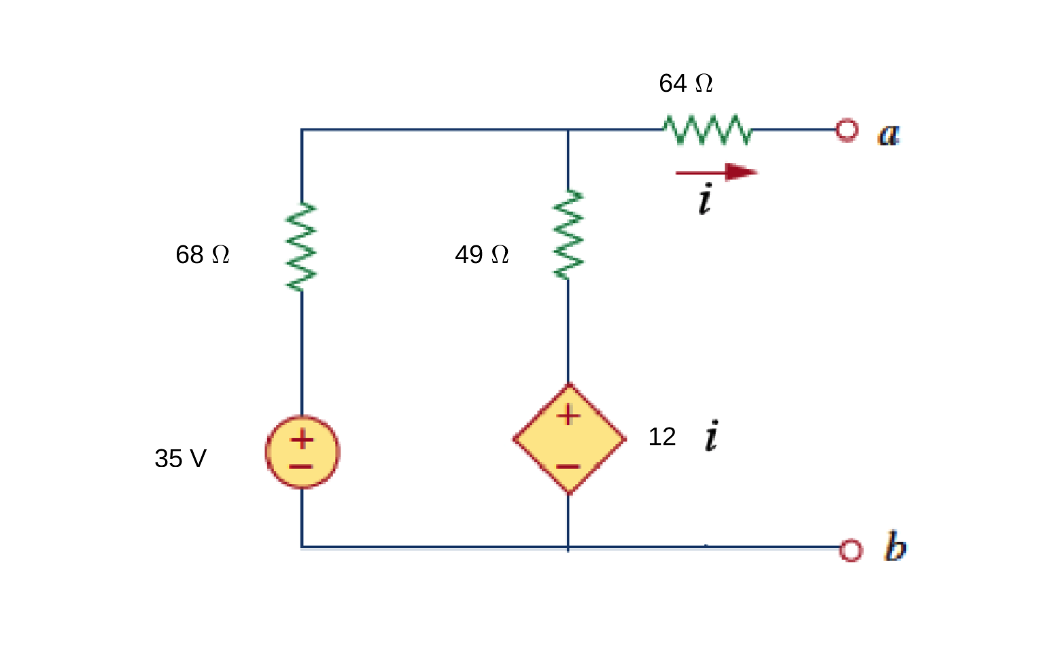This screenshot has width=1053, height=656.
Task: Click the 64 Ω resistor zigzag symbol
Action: click(708, 130)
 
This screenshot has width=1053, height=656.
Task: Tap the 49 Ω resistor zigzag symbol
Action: click(568, 235)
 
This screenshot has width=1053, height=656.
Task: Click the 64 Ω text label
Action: click(685, 84)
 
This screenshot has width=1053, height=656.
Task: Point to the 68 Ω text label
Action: click(202, 255)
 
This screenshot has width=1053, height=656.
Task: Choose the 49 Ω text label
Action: click(481, 255)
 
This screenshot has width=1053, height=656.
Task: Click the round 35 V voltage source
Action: click(303, 452)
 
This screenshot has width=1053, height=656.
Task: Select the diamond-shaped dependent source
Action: click(569, 439)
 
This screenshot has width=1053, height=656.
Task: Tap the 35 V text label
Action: click(180, 459)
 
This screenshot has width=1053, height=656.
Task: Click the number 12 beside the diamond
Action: click(661, 437)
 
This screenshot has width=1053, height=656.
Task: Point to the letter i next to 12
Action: click(711, 436)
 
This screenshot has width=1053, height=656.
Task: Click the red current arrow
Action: click(717, 172)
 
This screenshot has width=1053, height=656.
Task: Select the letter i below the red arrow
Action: click(706, 199)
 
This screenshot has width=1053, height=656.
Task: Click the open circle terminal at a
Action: click(846, 130)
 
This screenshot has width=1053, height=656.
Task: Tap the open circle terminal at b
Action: click(850, 550)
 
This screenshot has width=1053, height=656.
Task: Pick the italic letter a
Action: click(888, 134)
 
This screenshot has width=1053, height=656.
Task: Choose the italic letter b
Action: click(895, 547)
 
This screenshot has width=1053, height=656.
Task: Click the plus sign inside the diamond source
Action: click(568, 415)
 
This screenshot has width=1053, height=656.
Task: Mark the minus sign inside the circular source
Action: click(301, 467)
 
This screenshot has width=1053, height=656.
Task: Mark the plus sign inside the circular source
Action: click(303, 439)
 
